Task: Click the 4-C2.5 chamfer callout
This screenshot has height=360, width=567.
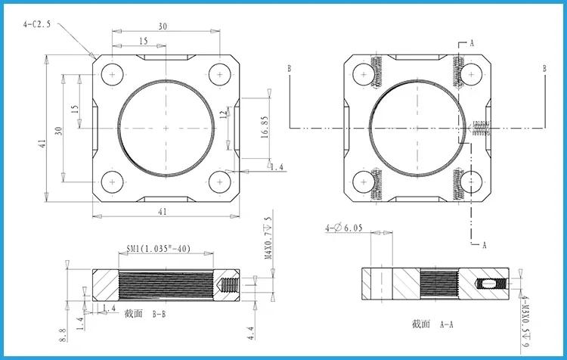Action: click(37, 25)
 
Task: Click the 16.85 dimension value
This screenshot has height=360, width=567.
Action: click(265, 127)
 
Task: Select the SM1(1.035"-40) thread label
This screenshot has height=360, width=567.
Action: click(159, 249)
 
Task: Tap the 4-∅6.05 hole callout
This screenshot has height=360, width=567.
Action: click(343, 228)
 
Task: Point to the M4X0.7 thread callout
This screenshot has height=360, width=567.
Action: click(268, 238)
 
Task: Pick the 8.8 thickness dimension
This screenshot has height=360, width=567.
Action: click(62, 335)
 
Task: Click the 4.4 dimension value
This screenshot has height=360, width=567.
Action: click(251, 334)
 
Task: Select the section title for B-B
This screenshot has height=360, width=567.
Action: click(145, 314)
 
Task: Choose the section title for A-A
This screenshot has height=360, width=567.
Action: click(432, 324)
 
